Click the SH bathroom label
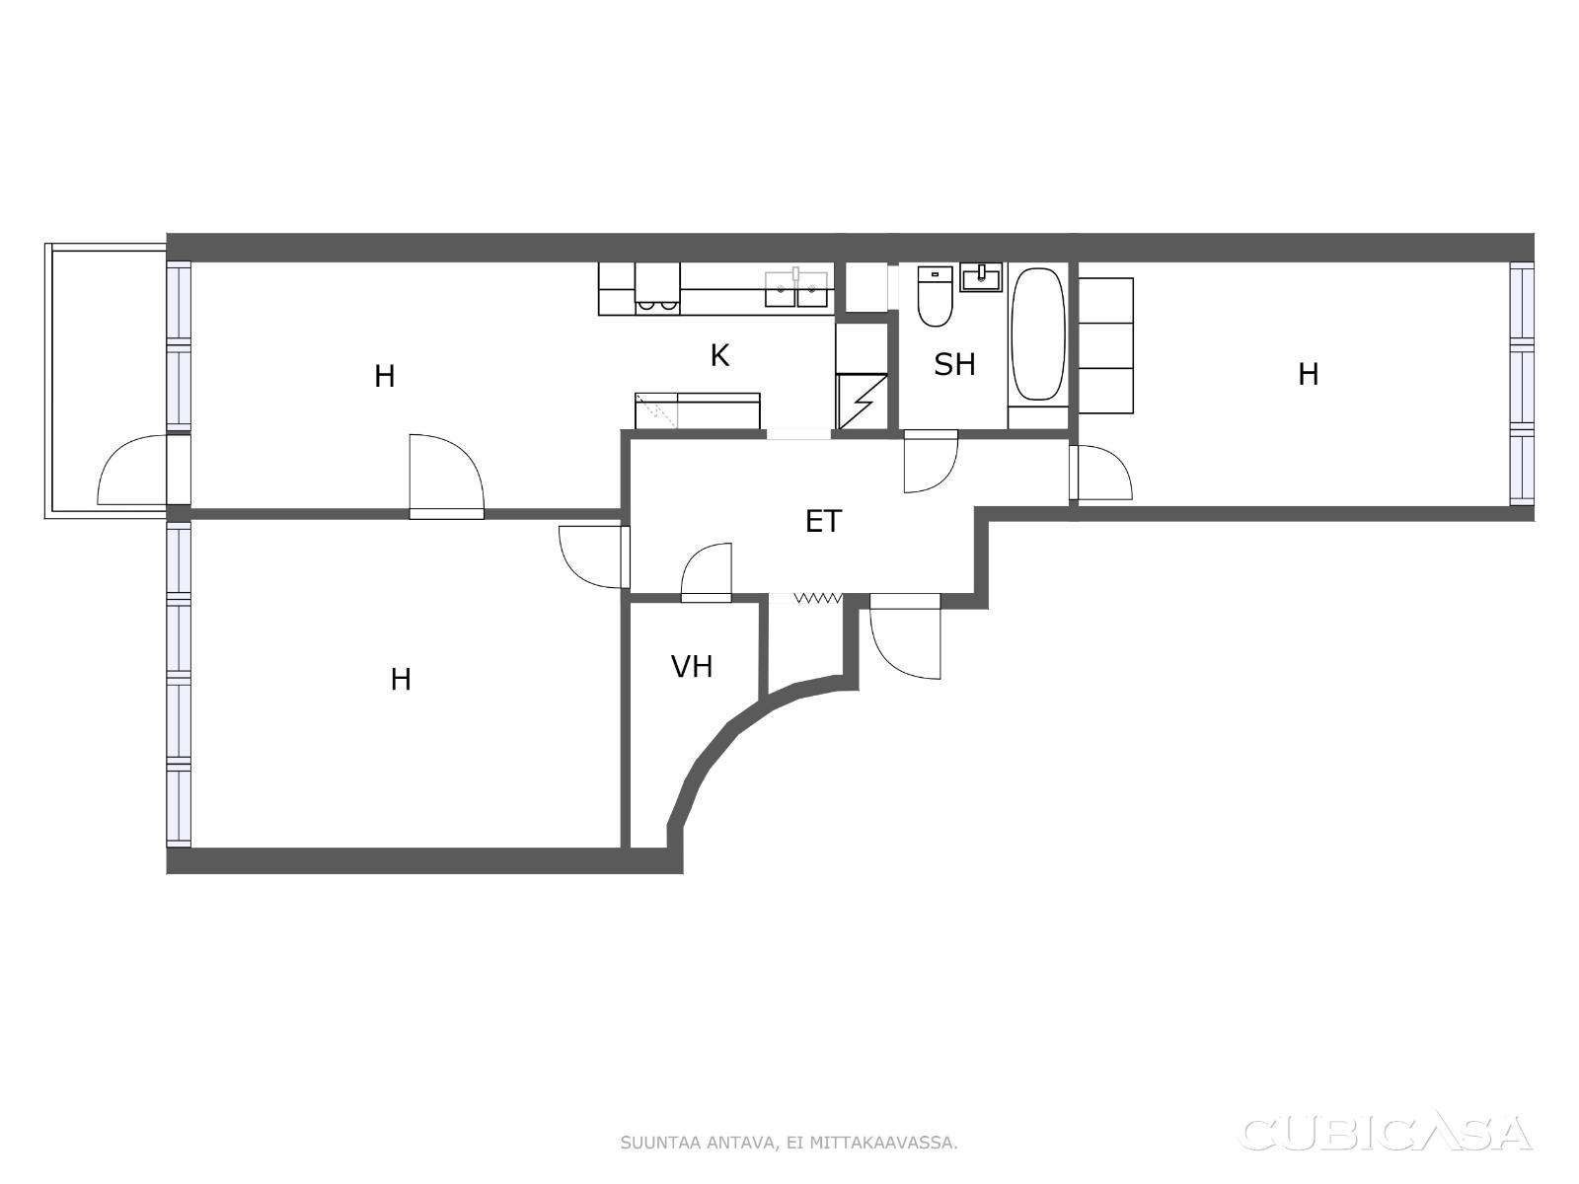point(954,364)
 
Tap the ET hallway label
point(823,521)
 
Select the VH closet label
point(692,666)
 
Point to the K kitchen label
point(719,355)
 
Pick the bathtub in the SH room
point(1038,333)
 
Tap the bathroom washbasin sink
point(981,277)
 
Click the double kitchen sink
point(796,289)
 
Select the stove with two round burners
point(657,288)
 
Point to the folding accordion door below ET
point(818,597)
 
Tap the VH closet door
point(706,572)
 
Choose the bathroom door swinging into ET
point(931,461)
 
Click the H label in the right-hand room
point(1308,374)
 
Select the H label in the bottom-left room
point(401,680)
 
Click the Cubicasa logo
point(1385,1135)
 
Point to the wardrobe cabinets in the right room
point(1105,345)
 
